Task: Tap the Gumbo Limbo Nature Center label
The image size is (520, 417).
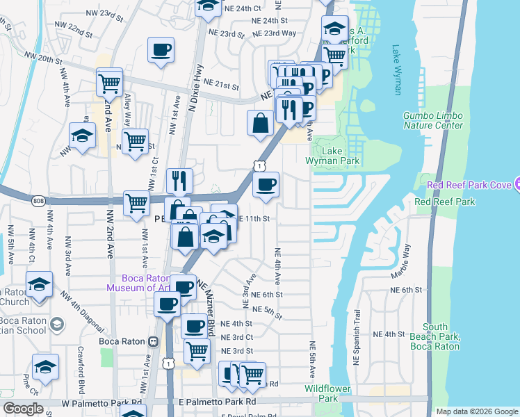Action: coord(432,120)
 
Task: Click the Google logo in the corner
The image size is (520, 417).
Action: coord(22,408)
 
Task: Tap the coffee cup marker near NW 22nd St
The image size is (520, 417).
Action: coord(161,50)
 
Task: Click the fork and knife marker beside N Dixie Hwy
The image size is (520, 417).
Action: coord(180,181)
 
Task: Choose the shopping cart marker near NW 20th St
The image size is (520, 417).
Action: coord(110,81)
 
